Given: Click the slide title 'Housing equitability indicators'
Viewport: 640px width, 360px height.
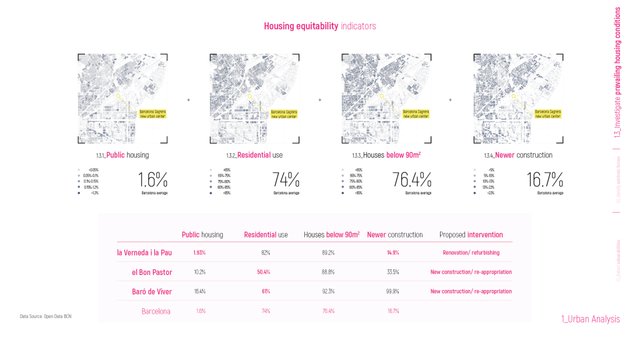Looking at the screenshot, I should click(319, 26).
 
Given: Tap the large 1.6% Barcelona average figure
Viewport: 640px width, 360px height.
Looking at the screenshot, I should click(153, 180).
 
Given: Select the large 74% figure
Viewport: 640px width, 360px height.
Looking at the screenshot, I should click(286, 180).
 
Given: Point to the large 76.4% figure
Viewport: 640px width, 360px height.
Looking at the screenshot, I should click(412, 180).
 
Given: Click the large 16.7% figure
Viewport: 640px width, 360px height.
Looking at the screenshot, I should click(545, 180).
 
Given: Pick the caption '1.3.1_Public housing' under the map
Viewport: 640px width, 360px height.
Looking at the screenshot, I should click(123, 155).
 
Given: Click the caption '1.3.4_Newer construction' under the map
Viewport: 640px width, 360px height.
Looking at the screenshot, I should click(517, 155).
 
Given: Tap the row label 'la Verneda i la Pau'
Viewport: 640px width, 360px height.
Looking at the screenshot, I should click(144, 252).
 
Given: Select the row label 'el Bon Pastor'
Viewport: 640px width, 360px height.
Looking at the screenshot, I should click(152, 272).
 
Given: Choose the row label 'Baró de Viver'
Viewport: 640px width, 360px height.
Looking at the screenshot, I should click(152, 291).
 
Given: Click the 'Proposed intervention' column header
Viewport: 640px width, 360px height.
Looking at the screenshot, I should click(471, 235).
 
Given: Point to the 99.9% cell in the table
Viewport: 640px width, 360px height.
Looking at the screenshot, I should click(393, 291).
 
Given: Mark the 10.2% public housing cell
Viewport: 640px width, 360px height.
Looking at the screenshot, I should click(199, 272).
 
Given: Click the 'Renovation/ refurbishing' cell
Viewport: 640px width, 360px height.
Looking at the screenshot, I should click(471, 252).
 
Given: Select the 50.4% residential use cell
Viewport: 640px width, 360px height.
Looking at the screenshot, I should click(263, 272).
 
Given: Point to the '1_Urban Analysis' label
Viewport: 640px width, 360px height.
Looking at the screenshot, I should click(591, 319).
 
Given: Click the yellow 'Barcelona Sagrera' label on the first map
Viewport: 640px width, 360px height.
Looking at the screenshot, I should click(152, 113).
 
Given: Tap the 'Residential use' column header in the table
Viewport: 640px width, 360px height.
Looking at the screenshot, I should click(266, 235).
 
